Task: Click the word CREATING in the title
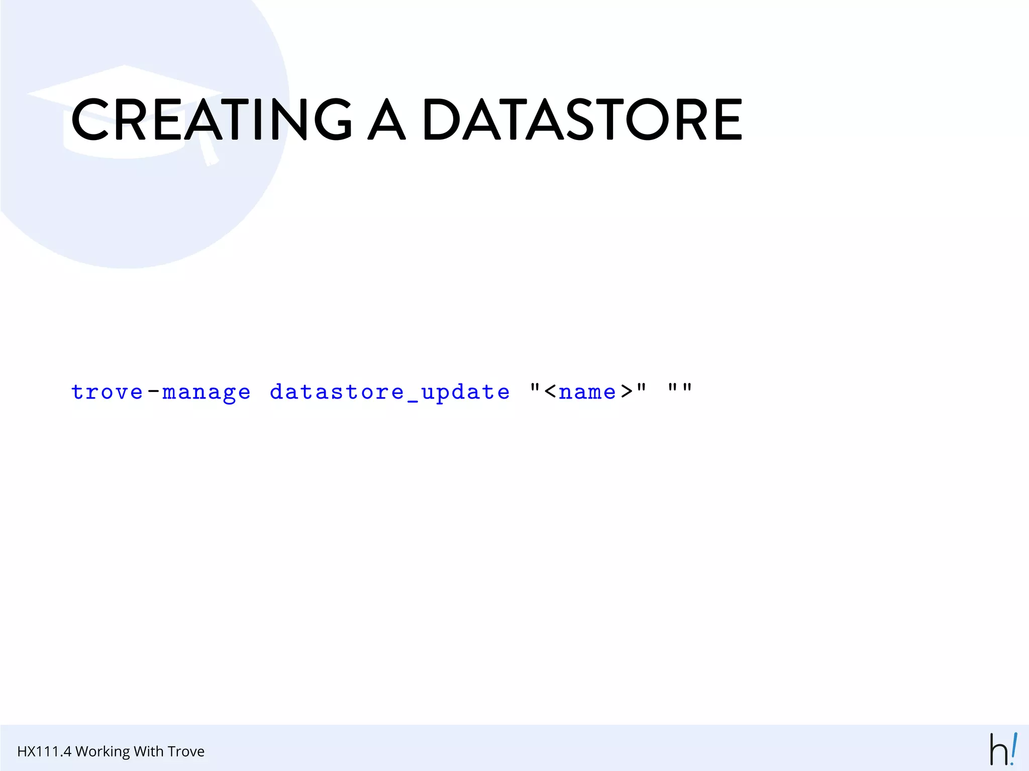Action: point(211,119)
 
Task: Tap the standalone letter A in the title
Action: point(386,119)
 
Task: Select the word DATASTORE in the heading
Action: point(582,119)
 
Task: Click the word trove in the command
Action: point(107,392)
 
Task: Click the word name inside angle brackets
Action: point(587,392)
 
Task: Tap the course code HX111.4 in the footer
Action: point(44,751)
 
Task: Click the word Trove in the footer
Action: point(186,751)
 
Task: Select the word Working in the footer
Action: point(102,752)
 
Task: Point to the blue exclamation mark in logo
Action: point(1014,748)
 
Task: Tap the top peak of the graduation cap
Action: point(124,66)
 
